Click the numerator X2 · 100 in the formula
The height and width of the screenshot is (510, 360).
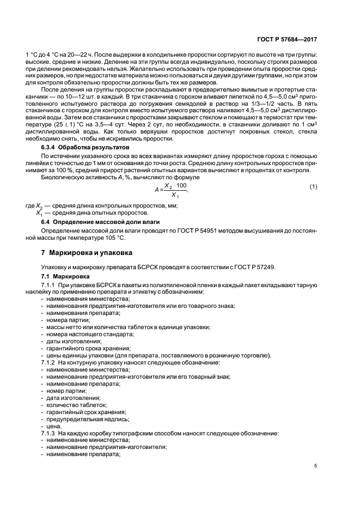click(x=175, y=185)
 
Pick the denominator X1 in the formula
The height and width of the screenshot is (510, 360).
click(x=174, y=195)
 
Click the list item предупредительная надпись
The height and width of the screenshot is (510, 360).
click(x=83, y=419)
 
